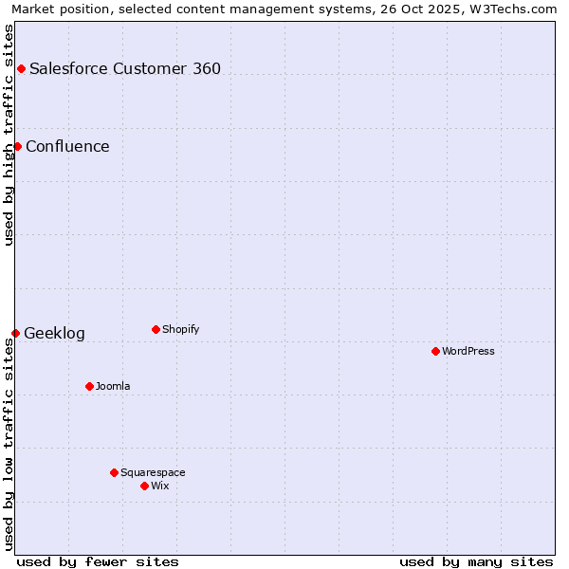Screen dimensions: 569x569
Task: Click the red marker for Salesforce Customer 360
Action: pyautogui.click(x=21, y=68)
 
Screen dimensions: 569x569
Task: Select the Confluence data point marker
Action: pyautogui.click(x=17, y=146)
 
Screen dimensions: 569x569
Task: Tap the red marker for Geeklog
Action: pyautogui.click(x=15, y=333)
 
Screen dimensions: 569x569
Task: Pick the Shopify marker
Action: pyautogui.click(x=156, y=329)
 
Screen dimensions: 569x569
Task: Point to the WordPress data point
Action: pyautogui.click(x=435, y=351)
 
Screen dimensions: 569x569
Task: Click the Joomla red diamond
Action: pyautogui.click(x=89, y=386)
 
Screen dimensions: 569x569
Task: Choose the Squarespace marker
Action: pyautogui.click(x=114, y=472)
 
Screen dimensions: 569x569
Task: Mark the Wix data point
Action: pyautogui.click(x=144, y=486)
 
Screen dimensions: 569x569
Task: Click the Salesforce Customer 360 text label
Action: pyautogui.click(x=125, y=68)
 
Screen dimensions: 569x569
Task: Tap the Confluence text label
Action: pyautogui.click(x=67, y=146)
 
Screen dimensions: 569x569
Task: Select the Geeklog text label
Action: pyautogui.click(x=54, y=333)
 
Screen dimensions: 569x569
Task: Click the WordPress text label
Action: pyautogui.click(x=468, y=351)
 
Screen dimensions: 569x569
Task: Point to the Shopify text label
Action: pyautogui.click(x=180, y=329)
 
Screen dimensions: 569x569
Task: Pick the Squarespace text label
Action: pyautogui.click(x=153, y=472)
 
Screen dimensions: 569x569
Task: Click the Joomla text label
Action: pyautogui.click(x=113, y=386)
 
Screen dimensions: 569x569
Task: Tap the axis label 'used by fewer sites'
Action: pyautogui.click(x=98, y=561)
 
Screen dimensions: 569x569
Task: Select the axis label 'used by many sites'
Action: pyautogui.click(x=476, y=561)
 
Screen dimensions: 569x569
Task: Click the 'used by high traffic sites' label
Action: pyautogui.click(x=9, y=134)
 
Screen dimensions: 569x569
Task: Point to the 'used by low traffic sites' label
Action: pyautogui.click(x=9, y=444)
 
